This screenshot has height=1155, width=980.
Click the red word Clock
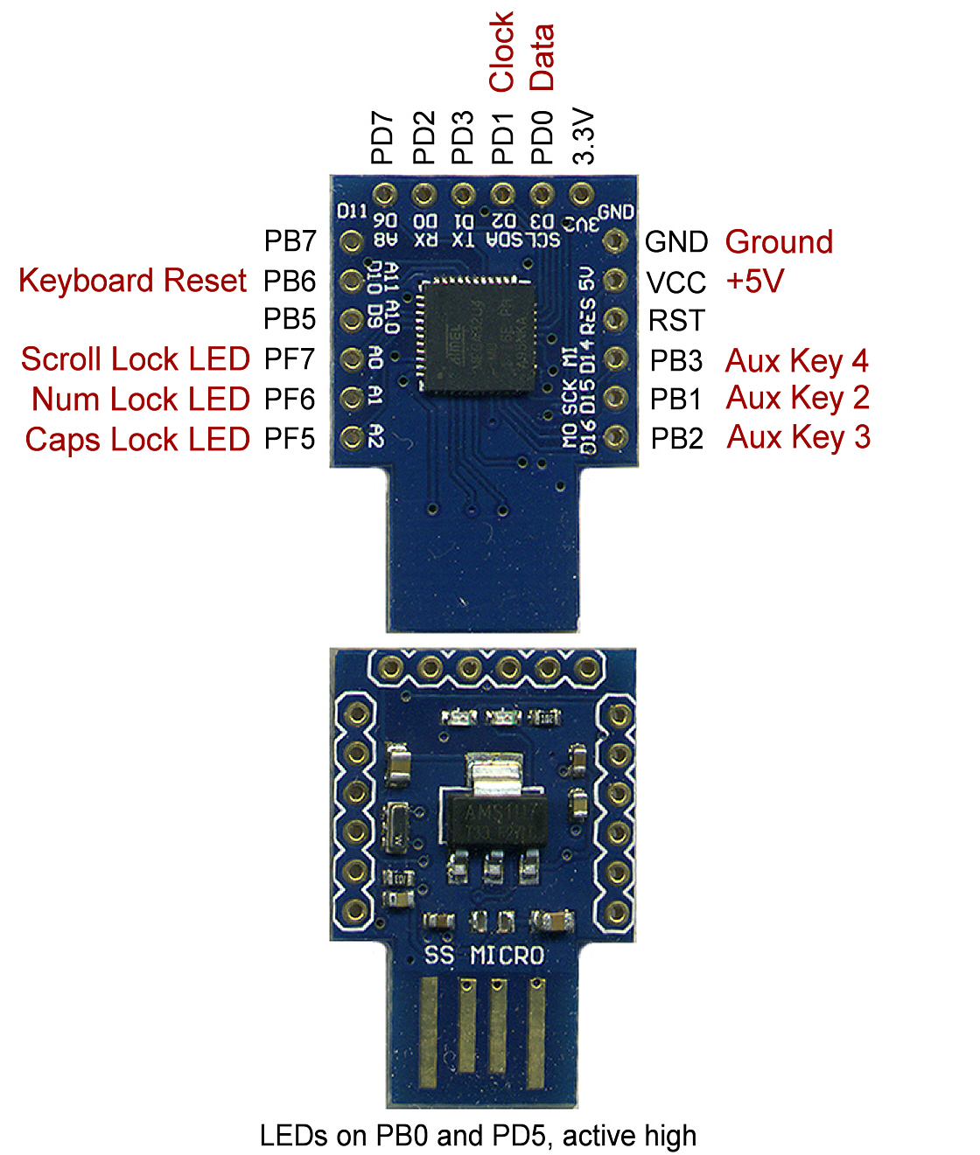tap(501, 52)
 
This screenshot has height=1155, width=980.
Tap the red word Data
tap(542, 58)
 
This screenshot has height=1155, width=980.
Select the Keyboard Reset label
tap(133, 281)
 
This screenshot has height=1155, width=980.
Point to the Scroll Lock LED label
tap(136, 359)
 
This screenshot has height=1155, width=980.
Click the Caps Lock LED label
tap(137, 439)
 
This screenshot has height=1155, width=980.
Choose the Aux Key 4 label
tap(796, 360)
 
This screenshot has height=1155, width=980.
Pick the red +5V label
tap(755, 282)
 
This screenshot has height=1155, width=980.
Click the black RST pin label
tap(676, 321)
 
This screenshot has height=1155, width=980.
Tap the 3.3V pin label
tap(584, 136)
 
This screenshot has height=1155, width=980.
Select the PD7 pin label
tap(382, 137)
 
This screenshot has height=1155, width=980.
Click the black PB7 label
tap(290, 241)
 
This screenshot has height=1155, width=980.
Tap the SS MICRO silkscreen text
tap(484, 956)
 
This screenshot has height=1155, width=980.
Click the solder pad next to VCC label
tap(615, 281)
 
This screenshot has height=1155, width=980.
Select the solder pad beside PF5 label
tap(352, 437)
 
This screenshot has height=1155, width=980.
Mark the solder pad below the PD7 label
tap(383, 194)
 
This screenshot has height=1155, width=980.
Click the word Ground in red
tap(779, 242)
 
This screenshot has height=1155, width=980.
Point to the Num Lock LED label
tap(141, 400)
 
